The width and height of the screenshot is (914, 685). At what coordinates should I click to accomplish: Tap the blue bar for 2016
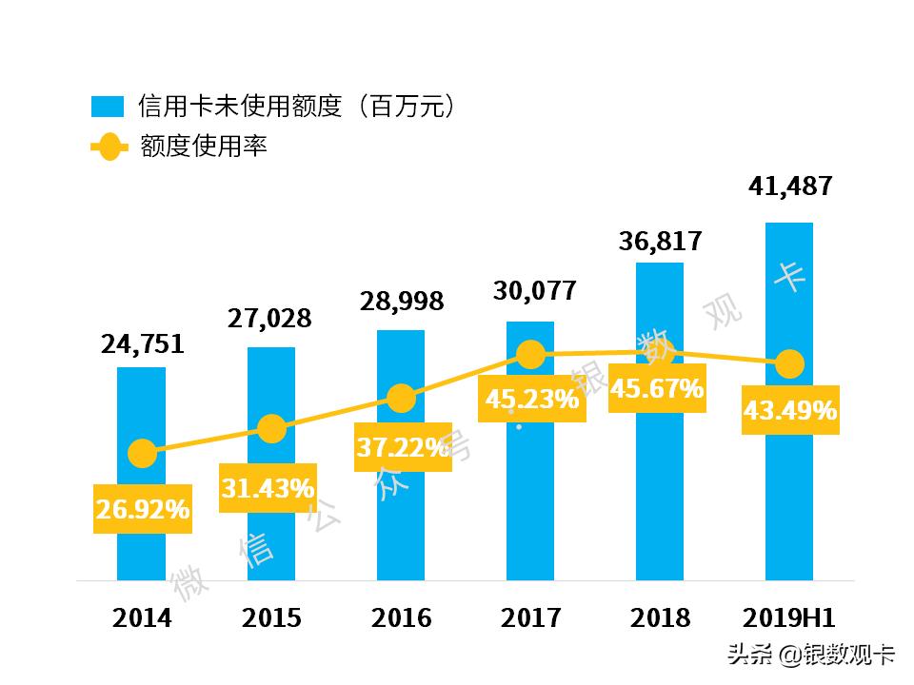point(401,533)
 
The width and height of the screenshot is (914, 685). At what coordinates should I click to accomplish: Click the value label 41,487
point(790,185)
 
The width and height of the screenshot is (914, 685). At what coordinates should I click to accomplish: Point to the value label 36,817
point(660,241)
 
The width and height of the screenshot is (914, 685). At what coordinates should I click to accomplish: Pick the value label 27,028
point(269,318)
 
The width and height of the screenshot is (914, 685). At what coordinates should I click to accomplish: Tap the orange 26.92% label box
point(142,510)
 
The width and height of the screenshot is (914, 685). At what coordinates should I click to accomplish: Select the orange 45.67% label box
point(657,389)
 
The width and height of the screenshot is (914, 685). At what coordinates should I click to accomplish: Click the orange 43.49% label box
point(790,411)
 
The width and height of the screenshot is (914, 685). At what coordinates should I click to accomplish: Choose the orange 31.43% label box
point(268,489)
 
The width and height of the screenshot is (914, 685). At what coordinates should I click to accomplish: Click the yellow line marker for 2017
point(531,356)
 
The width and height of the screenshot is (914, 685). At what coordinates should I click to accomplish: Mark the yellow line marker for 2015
point(271,429)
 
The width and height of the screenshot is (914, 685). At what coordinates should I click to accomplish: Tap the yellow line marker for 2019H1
point(789,363)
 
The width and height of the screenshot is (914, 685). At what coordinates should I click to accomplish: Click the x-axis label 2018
point(660,618)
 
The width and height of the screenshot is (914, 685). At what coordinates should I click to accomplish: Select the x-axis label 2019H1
point(789,618)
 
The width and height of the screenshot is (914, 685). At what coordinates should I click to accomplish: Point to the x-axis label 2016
point(401,618)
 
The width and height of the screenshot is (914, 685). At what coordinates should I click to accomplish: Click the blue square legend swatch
point(107,106)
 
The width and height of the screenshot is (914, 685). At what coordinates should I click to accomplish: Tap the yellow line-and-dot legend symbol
point(108,147)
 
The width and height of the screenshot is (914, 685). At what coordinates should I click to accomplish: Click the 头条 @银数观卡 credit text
point(811,655)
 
